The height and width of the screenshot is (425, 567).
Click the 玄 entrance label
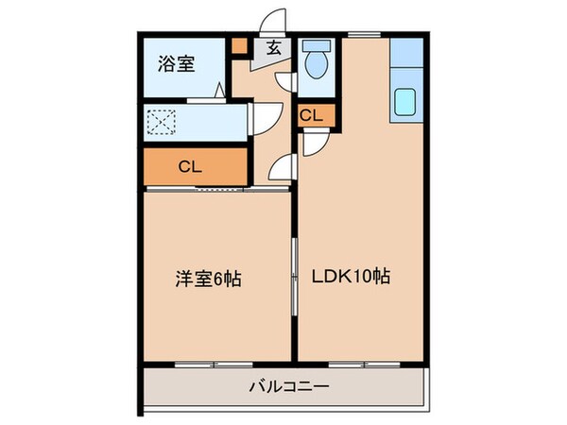click(272, 48)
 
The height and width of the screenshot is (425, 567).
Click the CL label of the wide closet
click(190, 166)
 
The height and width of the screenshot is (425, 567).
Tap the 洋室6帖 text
click(208, 279)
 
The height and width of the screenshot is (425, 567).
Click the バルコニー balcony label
click(283, 386)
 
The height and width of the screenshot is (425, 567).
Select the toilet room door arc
click(285, 83)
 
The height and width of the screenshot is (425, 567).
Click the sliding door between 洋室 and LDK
click(295, 274)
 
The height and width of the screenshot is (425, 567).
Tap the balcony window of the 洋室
click(215, 363)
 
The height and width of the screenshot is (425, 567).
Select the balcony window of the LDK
click(364, 363)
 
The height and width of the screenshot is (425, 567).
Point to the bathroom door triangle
click(220, 91)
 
